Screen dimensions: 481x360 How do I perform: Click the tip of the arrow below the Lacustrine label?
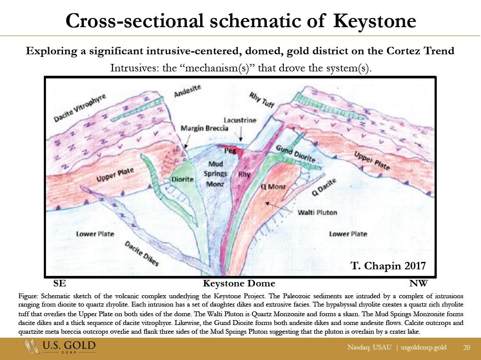240,141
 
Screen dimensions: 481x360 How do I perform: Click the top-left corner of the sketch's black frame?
45,77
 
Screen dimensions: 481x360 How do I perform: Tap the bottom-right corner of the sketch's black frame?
435,277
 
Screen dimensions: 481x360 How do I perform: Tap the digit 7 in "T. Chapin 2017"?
423,265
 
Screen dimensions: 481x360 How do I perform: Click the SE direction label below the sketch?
60,283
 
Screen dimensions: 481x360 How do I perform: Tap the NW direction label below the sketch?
418,283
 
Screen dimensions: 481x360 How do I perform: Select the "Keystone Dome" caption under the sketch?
239,283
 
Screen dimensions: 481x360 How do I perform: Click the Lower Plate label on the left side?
95,234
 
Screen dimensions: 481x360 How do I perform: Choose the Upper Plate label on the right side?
372,160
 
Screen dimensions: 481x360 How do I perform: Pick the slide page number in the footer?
467,347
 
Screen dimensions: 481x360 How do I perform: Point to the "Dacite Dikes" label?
141,253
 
